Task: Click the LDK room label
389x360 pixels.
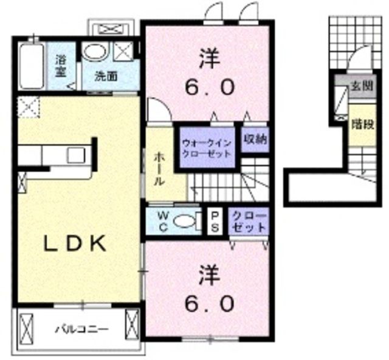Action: tap(75, 243)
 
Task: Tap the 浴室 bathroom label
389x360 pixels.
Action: tap(60, 66)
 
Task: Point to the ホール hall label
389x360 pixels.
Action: tap(157, 168)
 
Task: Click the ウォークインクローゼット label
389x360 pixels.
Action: tap(207, 149)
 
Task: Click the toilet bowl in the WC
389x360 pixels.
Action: tap(184, 223)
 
